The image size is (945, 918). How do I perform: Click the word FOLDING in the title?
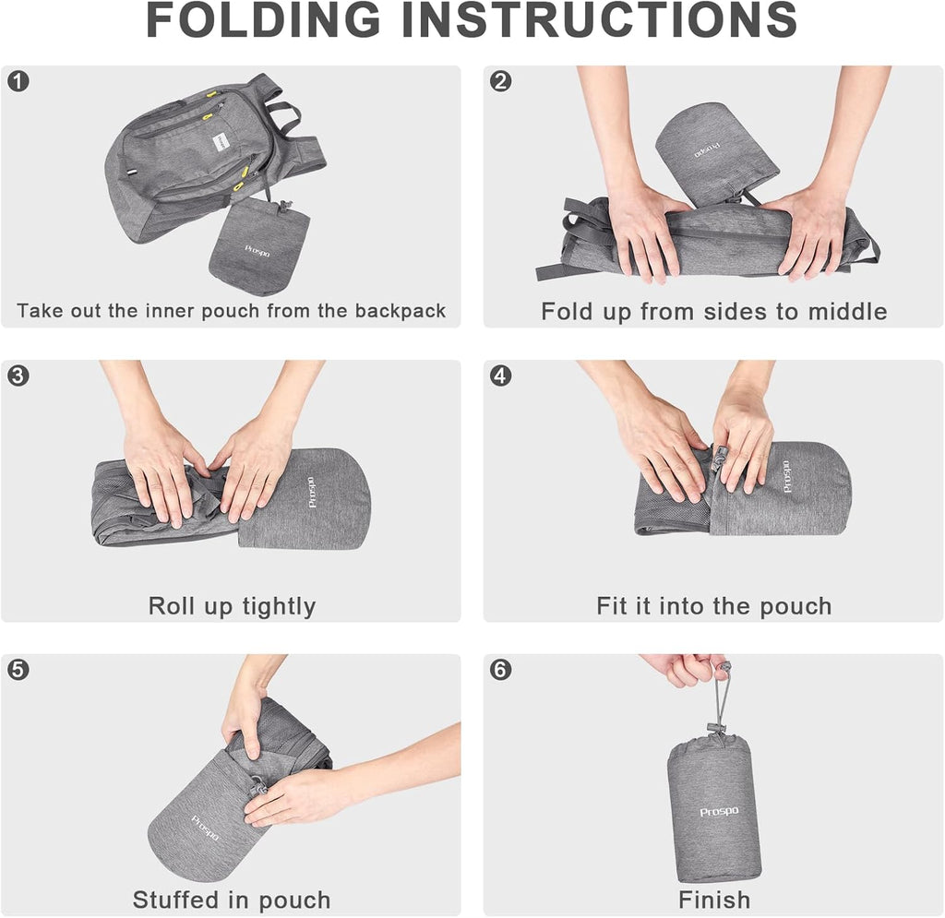(263, 20)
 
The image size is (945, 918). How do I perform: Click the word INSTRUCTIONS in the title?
(599, 20)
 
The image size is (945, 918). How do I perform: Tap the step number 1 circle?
(18, 81)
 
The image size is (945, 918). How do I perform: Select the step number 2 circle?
(500, 81)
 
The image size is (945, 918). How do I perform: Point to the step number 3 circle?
(18, 376)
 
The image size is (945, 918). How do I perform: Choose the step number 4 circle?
(500, 376)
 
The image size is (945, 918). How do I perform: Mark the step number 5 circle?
(18, 670)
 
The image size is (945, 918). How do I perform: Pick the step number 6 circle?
(500, 670)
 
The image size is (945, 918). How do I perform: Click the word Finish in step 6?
(714, 900)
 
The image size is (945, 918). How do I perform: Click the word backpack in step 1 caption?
(401, 311)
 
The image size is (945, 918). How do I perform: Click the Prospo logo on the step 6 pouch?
(719, 812)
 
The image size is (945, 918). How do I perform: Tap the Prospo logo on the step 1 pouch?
(257, 251)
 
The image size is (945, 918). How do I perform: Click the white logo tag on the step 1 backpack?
(221, 143)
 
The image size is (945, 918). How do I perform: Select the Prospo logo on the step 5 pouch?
(205, 829)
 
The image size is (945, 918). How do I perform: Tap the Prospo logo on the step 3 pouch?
(312, 492)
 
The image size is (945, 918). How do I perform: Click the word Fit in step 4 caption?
(612, 606)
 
